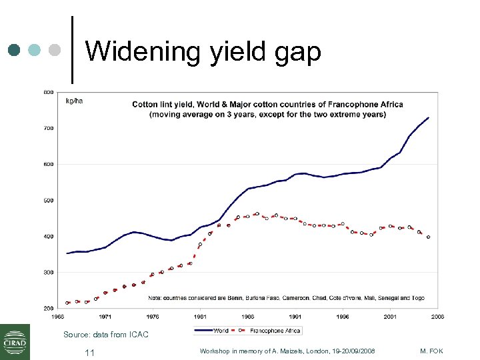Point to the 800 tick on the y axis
point(49,92)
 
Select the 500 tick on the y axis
point(49,200)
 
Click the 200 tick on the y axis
point(49,309)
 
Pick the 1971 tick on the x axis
point(105,317)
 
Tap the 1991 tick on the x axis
point(295,317)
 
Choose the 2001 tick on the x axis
point(391,317)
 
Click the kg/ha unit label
point(74,101)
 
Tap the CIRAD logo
point(15,341)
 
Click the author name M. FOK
point(432,351)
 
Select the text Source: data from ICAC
point(105,334)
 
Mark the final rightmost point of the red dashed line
point(428,237)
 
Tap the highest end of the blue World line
point(428,117)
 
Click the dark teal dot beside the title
point(15,51)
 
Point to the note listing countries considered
point(287,298)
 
